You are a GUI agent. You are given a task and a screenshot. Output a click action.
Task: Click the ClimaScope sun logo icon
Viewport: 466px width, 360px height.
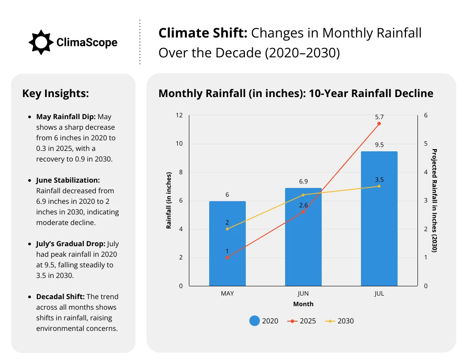pyautogui.click(x=41, y=42)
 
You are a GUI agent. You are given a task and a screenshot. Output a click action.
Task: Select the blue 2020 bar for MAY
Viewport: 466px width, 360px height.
pyautogui.click(x=227, y=244)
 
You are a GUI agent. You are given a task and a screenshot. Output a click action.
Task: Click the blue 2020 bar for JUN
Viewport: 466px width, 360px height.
pyautogui.click(x=303, y=237)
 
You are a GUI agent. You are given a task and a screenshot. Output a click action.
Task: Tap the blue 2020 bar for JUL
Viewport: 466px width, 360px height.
pyautogui.click(x=379, y=218)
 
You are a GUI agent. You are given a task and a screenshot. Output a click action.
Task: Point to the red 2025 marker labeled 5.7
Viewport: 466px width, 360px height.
pyautogui.click(x=379, y=124)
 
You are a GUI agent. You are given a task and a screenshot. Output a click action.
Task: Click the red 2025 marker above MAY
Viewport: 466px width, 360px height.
pyautogui.click(x=227, y=258)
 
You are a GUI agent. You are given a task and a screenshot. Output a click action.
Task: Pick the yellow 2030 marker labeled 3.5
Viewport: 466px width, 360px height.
pyautogui.click(x=379, y=186)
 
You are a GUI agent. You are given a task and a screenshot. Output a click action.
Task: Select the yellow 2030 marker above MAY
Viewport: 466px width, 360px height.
pyautogui.click(x=227, y=229)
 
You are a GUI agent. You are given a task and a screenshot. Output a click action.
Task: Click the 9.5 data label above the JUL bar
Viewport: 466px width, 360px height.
pyautogui.click(x=379, y=145)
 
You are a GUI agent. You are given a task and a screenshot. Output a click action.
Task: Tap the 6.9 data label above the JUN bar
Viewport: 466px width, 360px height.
pyautogui.click(x=303, y=181)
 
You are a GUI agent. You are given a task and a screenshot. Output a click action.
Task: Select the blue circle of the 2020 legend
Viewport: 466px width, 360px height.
pyautogui.click(x=254, y=321)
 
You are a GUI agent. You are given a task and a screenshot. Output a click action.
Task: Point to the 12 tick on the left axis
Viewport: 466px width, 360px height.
pyautogui.click(x=179, y=116)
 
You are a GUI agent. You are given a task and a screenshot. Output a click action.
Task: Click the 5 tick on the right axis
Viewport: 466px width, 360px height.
pyautogui.click(x=426, y=144)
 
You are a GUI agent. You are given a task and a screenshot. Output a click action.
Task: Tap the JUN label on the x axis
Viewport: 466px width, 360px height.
pyautogui.click(x=303, y=293)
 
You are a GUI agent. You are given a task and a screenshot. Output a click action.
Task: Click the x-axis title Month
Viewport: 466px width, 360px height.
pyautogui.click(x=303, y=304)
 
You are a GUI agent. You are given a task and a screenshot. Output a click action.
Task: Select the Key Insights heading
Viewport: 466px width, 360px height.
pyautogui.click(x=56, y=94)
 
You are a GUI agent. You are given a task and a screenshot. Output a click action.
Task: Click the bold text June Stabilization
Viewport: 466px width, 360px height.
pyautogui.click(x=68, y=180)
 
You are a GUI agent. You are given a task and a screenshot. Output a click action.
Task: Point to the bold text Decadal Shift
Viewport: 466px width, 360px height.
pyautogui.click(x=60, y=297)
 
